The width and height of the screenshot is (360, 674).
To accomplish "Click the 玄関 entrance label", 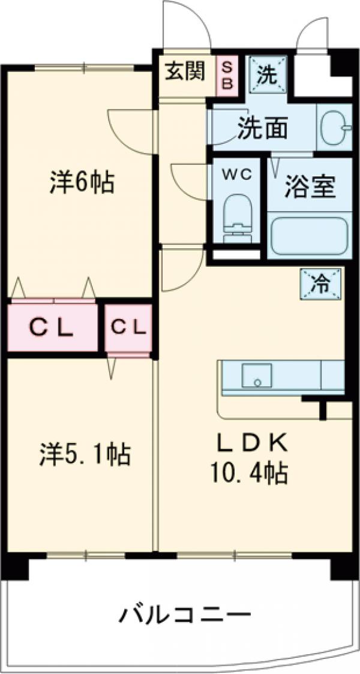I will (x=185, y=72).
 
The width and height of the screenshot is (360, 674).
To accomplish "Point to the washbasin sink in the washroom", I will (x=334, y=128).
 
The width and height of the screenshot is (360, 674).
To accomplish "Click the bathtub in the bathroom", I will (x=309, y=236).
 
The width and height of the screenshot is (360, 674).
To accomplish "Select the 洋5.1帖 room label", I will (x=77, y=454).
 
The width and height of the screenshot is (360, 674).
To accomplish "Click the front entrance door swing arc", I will (x=186, y=24).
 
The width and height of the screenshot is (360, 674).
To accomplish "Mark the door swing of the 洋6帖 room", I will (x=129, y=129).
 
